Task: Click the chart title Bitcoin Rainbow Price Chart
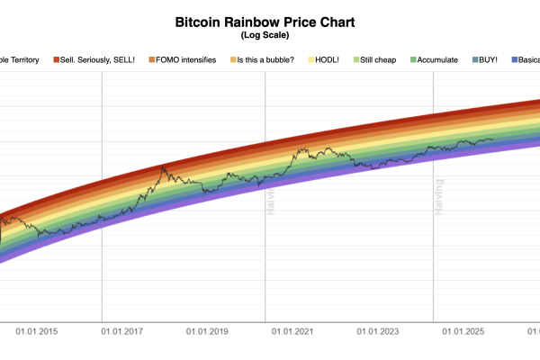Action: click(271, 21)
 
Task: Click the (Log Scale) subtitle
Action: click(271, 35)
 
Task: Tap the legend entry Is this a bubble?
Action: click(267, 59)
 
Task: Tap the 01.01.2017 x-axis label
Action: click(121, 332)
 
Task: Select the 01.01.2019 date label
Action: click(208, 332)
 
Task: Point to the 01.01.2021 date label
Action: click(293, 332)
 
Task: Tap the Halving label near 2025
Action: click(440, 199)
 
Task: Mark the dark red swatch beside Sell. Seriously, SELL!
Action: click(56, 59)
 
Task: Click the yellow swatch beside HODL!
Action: click(311, 59)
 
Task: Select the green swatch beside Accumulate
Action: click(413, 59)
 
